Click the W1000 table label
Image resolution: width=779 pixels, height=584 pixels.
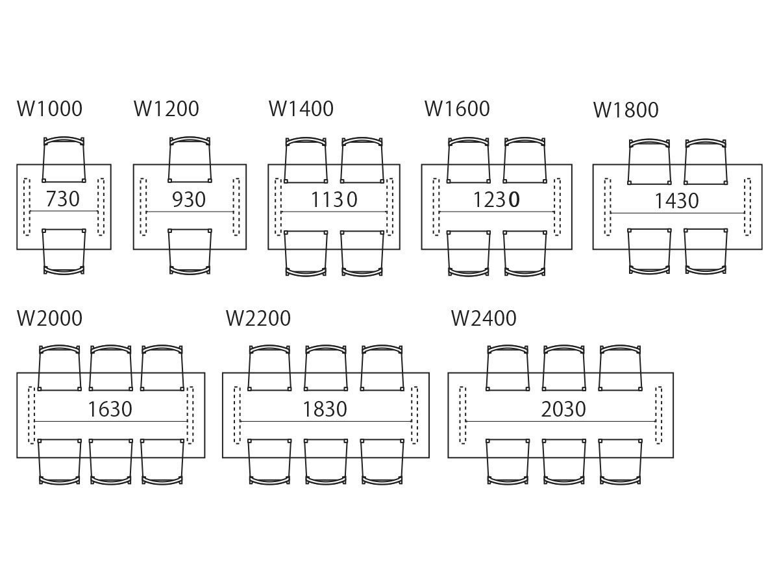[x=50, y=109]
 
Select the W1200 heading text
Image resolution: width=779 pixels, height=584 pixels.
[x=166, y=109]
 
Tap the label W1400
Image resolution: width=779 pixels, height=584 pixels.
[x=301, y=109]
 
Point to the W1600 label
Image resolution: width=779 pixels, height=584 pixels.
[x=457, y=109]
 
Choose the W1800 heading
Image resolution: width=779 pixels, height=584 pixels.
[x=626, y=110]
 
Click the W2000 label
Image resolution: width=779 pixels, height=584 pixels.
[x=50, y=319]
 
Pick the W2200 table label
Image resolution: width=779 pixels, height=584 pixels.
[x=258, y=319]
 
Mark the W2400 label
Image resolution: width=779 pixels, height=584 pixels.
[x=484, y=319]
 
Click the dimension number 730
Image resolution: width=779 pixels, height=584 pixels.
[x=63, y=199]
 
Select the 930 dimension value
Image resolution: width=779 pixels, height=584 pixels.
[x=189, y=199]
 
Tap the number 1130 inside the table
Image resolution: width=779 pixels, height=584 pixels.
[x=334, y=199]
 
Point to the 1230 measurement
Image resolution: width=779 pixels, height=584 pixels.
[x=496, y=199]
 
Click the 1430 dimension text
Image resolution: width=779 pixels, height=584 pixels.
[x=676, y=201]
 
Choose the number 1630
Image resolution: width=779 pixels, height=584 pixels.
[x=110, y=409]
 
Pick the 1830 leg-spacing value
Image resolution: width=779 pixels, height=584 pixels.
[x=325, y=409]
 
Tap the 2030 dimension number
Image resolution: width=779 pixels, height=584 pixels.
[x=563, y=409]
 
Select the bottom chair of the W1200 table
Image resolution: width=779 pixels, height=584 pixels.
[x=190, y=252]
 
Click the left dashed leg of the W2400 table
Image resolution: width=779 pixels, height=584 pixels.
[x=463, y=415]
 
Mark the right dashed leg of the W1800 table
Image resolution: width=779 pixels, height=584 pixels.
[x=748, y=206]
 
